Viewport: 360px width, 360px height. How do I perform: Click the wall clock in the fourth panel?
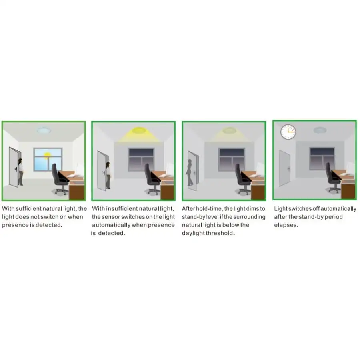[x=288, y=131]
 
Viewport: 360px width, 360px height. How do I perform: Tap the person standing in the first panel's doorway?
[x=20, y=170]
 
